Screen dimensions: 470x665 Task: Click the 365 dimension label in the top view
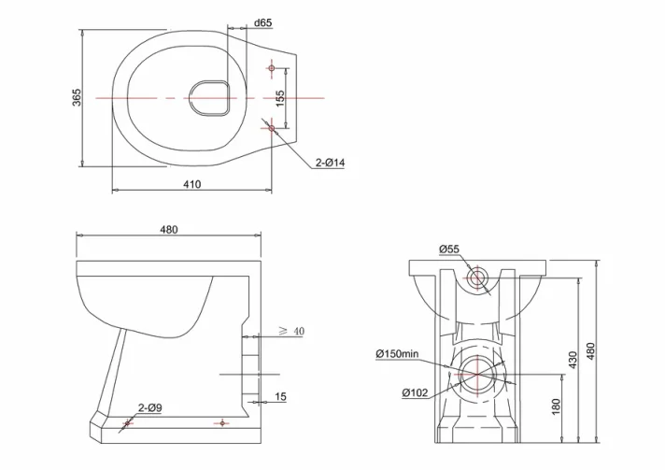point(77,96)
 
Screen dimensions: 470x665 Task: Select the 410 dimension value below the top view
point(191,184)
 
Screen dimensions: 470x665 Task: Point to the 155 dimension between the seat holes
point(280,96)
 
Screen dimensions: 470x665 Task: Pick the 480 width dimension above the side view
point(168,229)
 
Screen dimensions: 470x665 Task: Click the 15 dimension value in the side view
point(280,397)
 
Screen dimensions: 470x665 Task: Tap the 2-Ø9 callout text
point(150,407)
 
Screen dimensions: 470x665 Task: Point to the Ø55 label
point(449,249)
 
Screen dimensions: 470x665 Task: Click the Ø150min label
point(399,353)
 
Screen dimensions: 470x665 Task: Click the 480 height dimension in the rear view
point(590,350)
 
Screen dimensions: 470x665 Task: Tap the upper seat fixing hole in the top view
point(272,68)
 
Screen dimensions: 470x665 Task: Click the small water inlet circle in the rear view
point(478,278)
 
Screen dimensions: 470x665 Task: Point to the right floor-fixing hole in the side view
point(220,423)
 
